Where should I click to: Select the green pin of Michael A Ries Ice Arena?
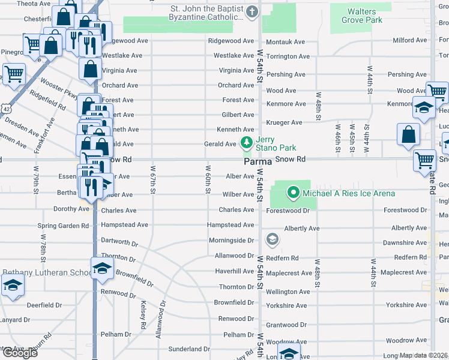pyautogui.click(x=293, y=193)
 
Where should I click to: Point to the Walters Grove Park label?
pyautogui.click(x=362, y=16)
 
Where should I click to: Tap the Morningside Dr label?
pyautogui.click(x=231, y=240)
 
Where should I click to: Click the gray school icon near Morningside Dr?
pyautogui.click(x=272, y=240)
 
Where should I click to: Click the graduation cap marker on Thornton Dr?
pyautogui.click(x=102, y=268)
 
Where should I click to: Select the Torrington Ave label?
pyautogui.click(x=288, y=56)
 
